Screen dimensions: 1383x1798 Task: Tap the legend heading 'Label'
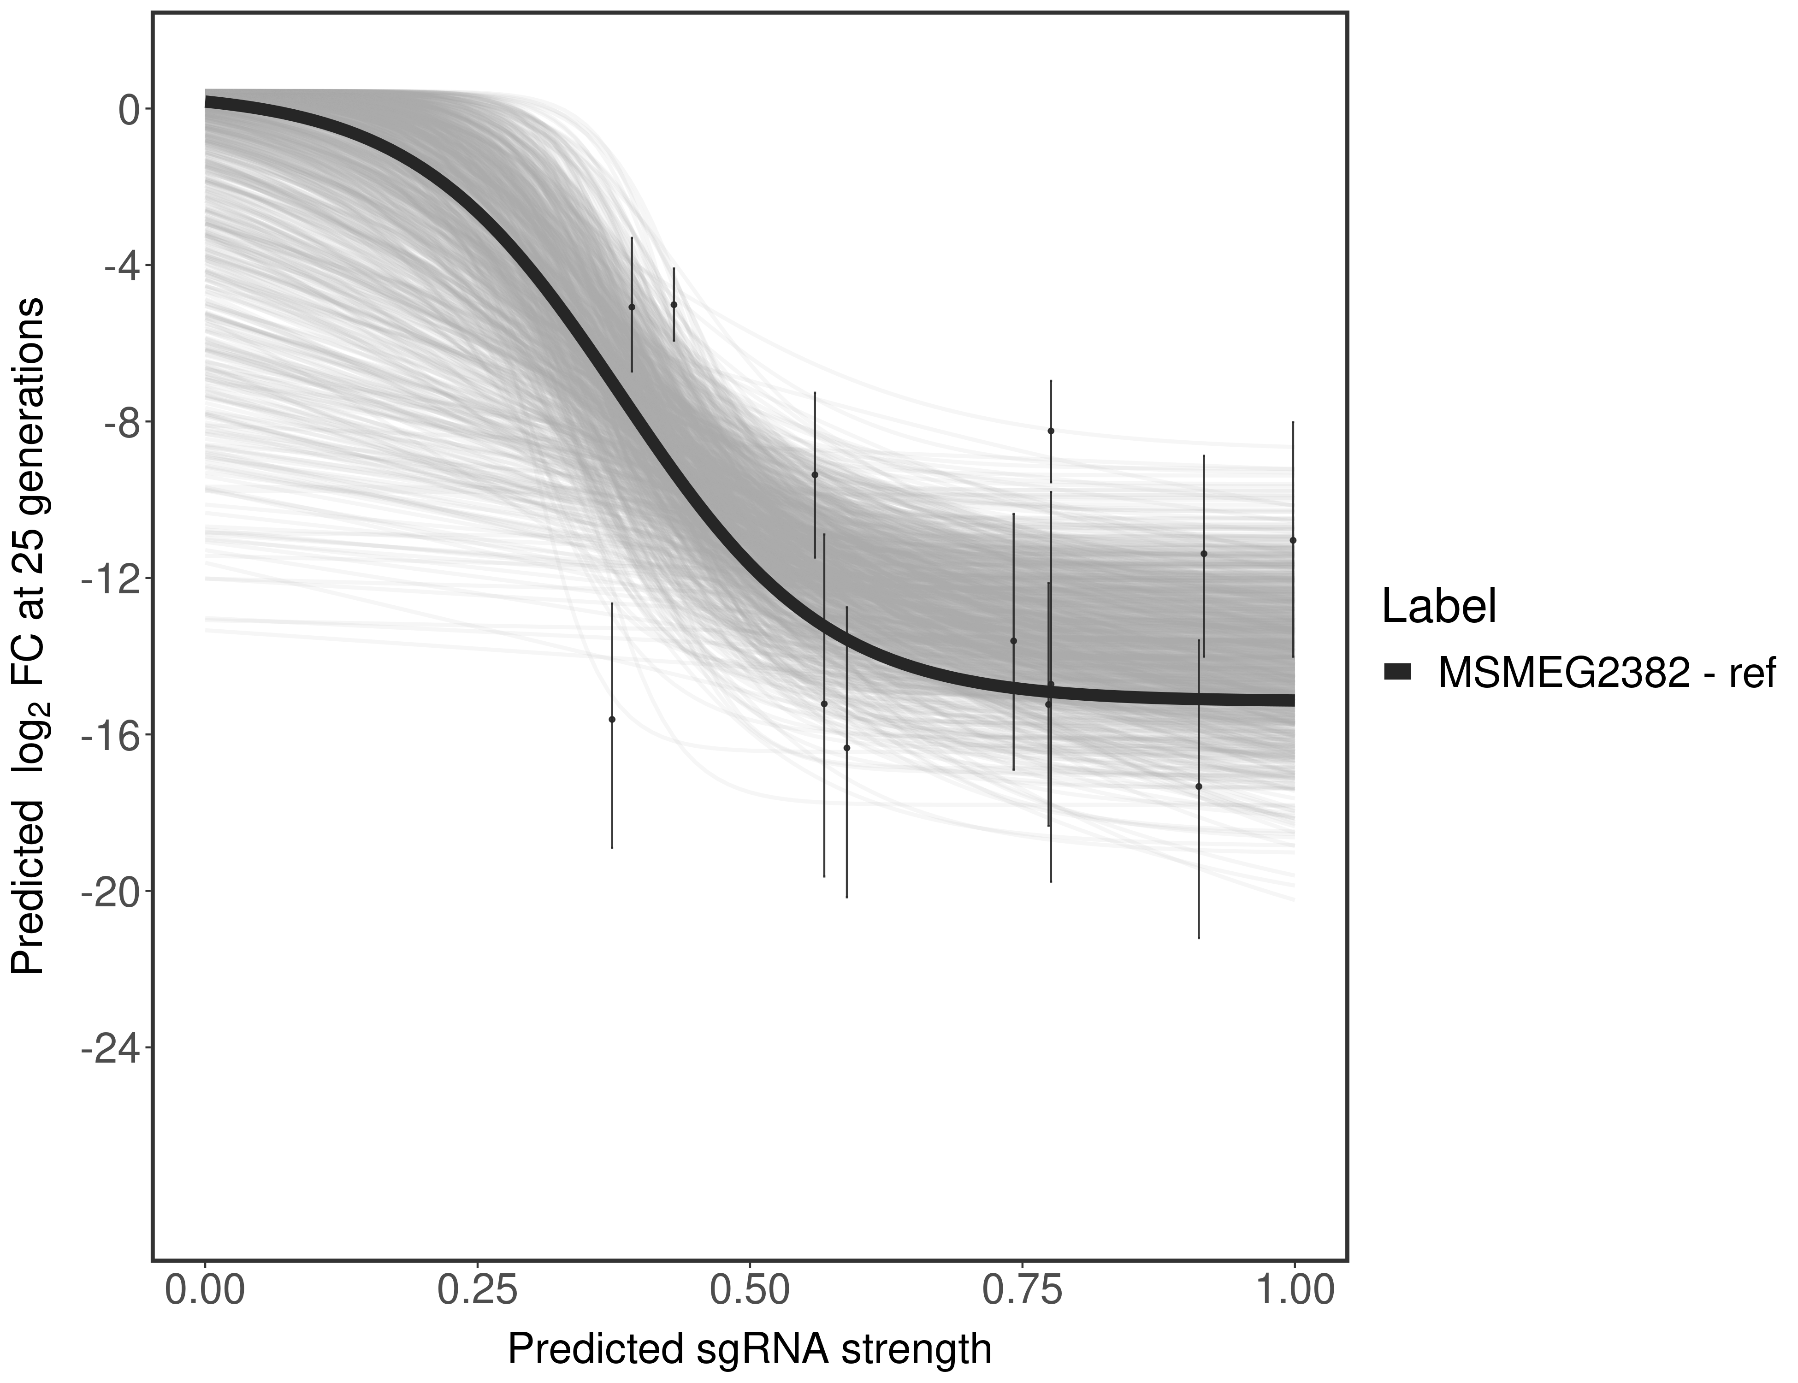point(1439,607)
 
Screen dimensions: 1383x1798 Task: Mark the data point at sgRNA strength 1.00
point(1293,540)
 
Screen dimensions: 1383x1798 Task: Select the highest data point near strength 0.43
point(674,305)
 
